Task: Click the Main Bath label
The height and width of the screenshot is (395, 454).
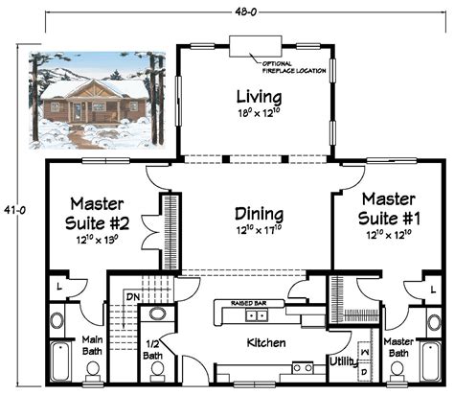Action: point(92,343)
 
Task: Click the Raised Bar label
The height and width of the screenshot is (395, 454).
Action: point(250,302)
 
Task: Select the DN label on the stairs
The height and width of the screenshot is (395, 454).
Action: point(132,298)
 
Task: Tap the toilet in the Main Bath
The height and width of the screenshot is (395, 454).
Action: point(59,316)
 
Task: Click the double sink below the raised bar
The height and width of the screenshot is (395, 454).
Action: point(256,314)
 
